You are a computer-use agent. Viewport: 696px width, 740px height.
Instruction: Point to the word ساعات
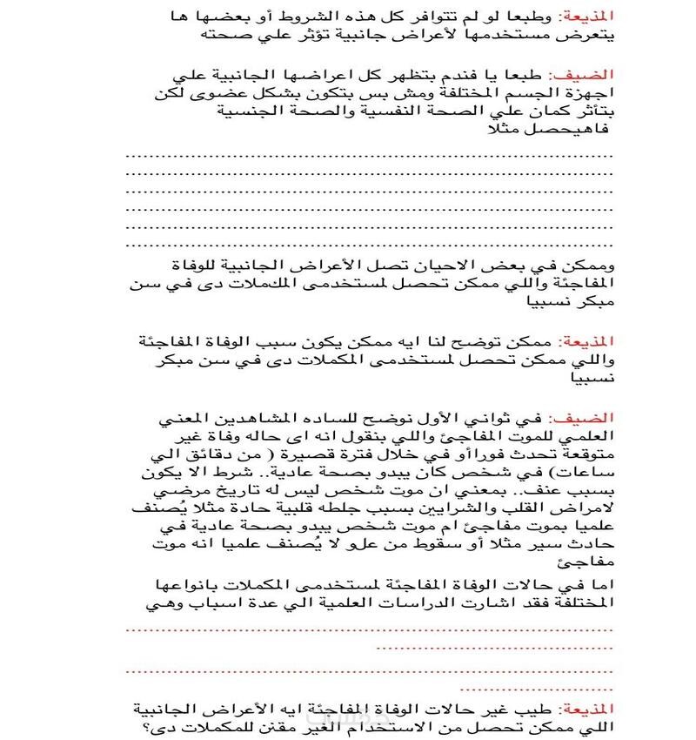point(592,475)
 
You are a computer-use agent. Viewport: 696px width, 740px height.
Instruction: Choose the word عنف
point(539,494)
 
